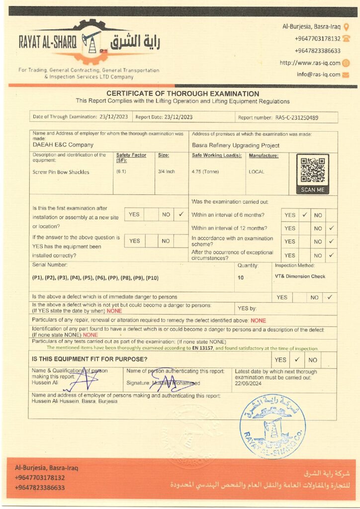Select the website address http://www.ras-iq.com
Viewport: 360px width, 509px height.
point(310,63)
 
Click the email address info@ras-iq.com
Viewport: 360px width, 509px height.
point(319,75)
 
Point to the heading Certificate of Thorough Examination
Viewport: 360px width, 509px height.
point(182,93)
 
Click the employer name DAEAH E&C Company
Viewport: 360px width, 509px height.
point(63,145)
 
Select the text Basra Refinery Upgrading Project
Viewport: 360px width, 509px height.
point(236,146)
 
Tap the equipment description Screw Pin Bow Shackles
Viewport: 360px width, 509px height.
point(61,172)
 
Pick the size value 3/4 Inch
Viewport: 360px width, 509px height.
point(167,172)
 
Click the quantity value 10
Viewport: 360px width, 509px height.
point(241,278)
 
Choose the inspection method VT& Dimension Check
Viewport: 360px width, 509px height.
point(300,276)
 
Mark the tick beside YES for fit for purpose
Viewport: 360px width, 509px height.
point(297,359)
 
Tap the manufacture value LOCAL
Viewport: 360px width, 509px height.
point(257,172)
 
